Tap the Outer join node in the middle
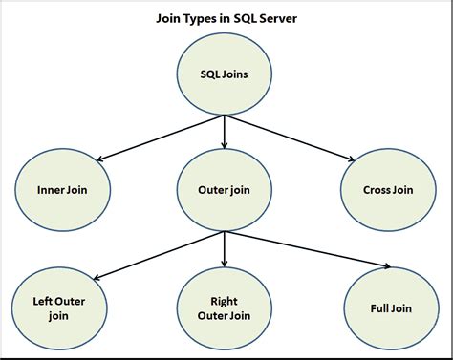point(224,188)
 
